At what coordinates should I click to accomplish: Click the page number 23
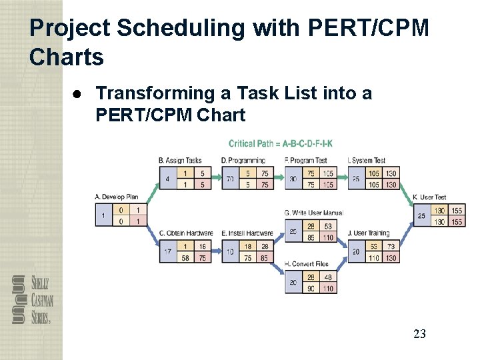pyautogui.click(x=419, y=334)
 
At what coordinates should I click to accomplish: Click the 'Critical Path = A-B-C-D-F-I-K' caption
pyautogui.click(x=280, y=143)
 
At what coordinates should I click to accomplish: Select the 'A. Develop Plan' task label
pyautogui.click(x=117, y=197)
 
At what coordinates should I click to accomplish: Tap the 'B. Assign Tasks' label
pyautogui.click(x=180, y=161)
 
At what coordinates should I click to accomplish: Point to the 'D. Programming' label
pyautogui.click(x=243, y=161)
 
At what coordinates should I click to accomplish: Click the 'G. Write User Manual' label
pyautogui.click(x=313, y=213)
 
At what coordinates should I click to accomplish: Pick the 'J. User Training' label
pyautogui.click(x=369, y=233)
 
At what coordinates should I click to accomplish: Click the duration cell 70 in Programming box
pyautogui.click(x=230, y=179)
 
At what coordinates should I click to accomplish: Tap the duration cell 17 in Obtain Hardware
pyautogui.click(x=167, y=252)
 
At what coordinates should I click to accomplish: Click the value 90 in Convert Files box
pyautogui.click(x=311, y=289)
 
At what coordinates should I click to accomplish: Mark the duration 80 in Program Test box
pyautogui.click(x=293, y=179)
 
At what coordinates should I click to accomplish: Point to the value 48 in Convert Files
pyautogui.click(x=328, y=277)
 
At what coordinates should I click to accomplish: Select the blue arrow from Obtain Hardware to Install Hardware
pyautogui.click(x=217, y=252)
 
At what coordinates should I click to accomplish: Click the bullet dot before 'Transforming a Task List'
pyautogui.click(x=78, y=94)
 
